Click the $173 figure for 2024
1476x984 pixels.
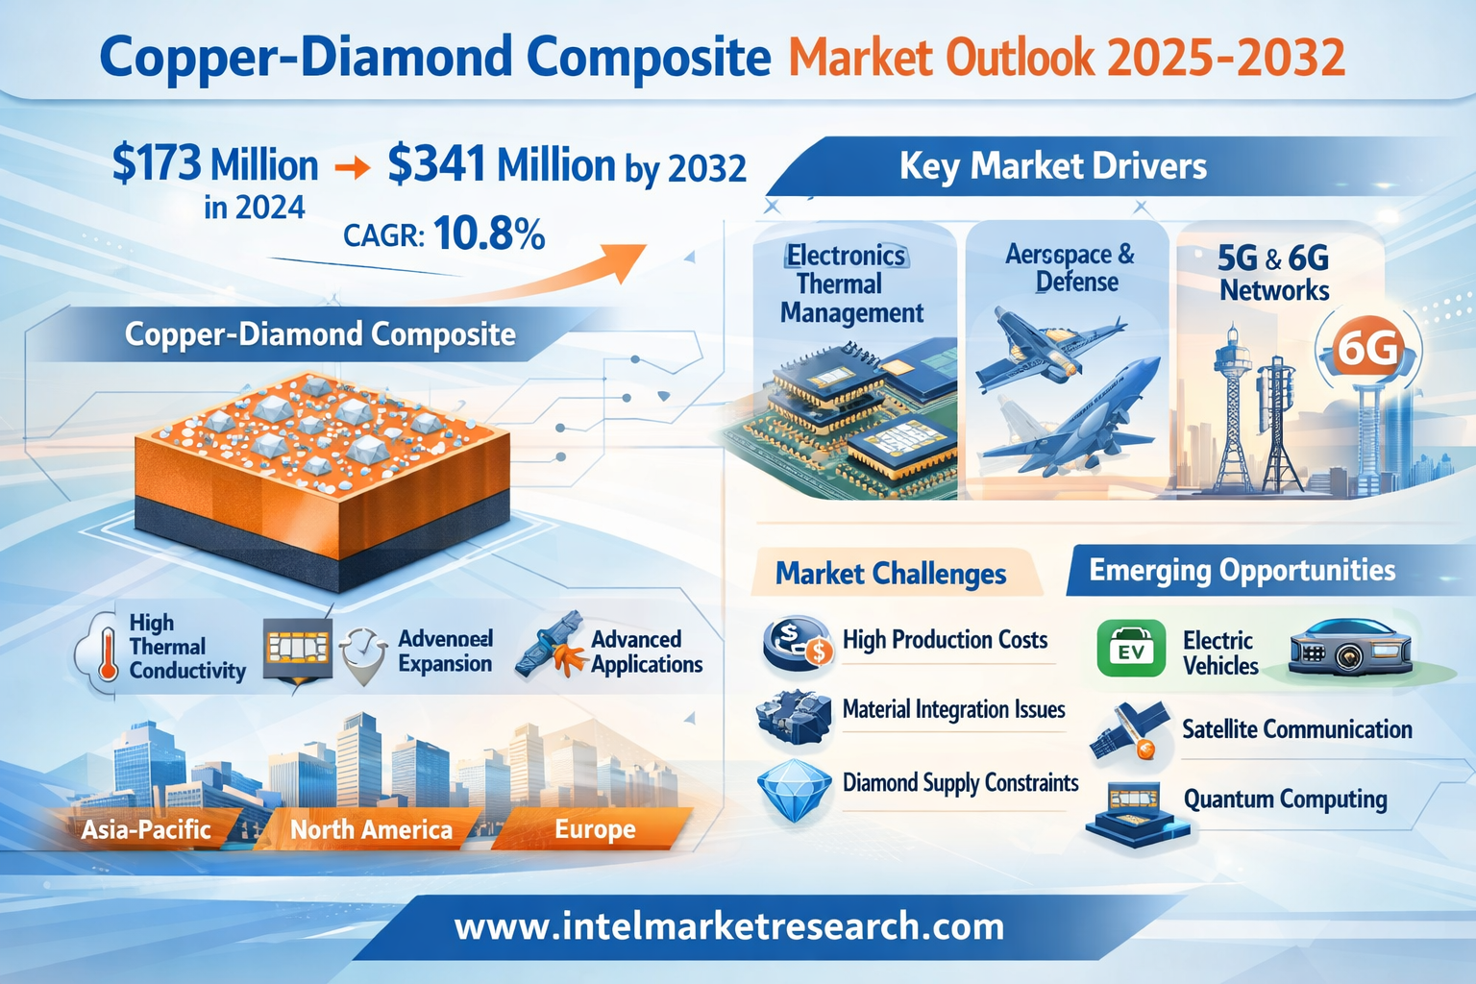tap(157, 162)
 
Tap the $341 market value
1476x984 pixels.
tap(437, 163)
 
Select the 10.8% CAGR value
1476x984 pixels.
tap(489, 234)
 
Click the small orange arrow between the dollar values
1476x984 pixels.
tap(353, 167)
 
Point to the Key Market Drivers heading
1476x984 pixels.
tap(1053, 165)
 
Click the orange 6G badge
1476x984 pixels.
tap(1368, 349)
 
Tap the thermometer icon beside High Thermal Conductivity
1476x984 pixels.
tap(108, 653)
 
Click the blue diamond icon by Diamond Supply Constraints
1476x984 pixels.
tap(794, 790)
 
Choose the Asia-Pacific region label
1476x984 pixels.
tap(146, 829)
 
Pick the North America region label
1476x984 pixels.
tap(371, 830)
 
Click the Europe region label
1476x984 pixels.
tap(595, 829)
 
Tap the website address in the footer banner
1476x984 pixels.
tap(728, 926)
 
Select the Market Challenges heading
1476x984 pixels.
tap(890, 574)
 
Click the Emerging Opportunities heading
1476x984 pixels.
tap(1242, 570)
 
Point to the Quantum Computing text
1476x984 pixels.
tap(1285, 799)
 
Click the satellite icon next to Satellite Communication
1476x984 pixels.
tap(1128, 731)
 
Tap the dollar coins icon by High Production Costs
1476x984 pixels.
tap(798, 643)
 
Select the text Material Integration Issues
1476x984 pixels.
tap(953, 709)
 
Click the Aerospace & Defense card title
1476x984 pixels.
tap(1070, 267)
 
